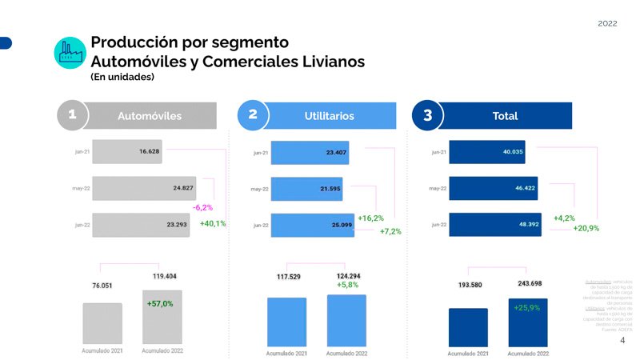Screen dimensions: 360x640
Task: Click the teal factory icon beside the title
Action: (x=70, y=52)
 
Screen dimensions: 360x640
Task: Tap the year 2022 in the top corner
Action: (x=607, y=24)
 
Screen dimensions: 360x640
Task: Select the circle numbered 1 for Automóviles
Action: (x=72, y=115)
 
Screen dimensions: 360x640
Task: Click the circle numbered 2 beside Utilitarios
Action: (x=253, y=115)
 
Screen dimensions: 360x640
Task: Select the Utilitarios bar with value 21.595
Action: (x=306, y=189)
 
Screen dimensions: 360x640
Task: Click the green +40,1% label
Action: (x=213, y=224)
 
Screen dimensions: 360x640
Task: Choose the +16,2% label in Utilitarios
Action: (x=371, y=218)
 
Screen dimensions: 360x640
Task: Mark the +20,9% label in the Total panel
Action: (x=587, y=229)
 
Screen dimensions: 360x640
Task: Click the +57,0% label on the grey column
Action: (x=161, y=304)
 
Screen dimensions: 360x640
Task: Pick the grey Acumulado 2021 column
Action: (x=102, y=323)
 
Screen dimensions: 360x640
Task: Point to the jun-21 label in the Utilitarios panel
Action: (x=260, y=153)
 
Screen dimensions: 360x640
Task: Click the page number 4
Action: (x=622, y=340)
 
